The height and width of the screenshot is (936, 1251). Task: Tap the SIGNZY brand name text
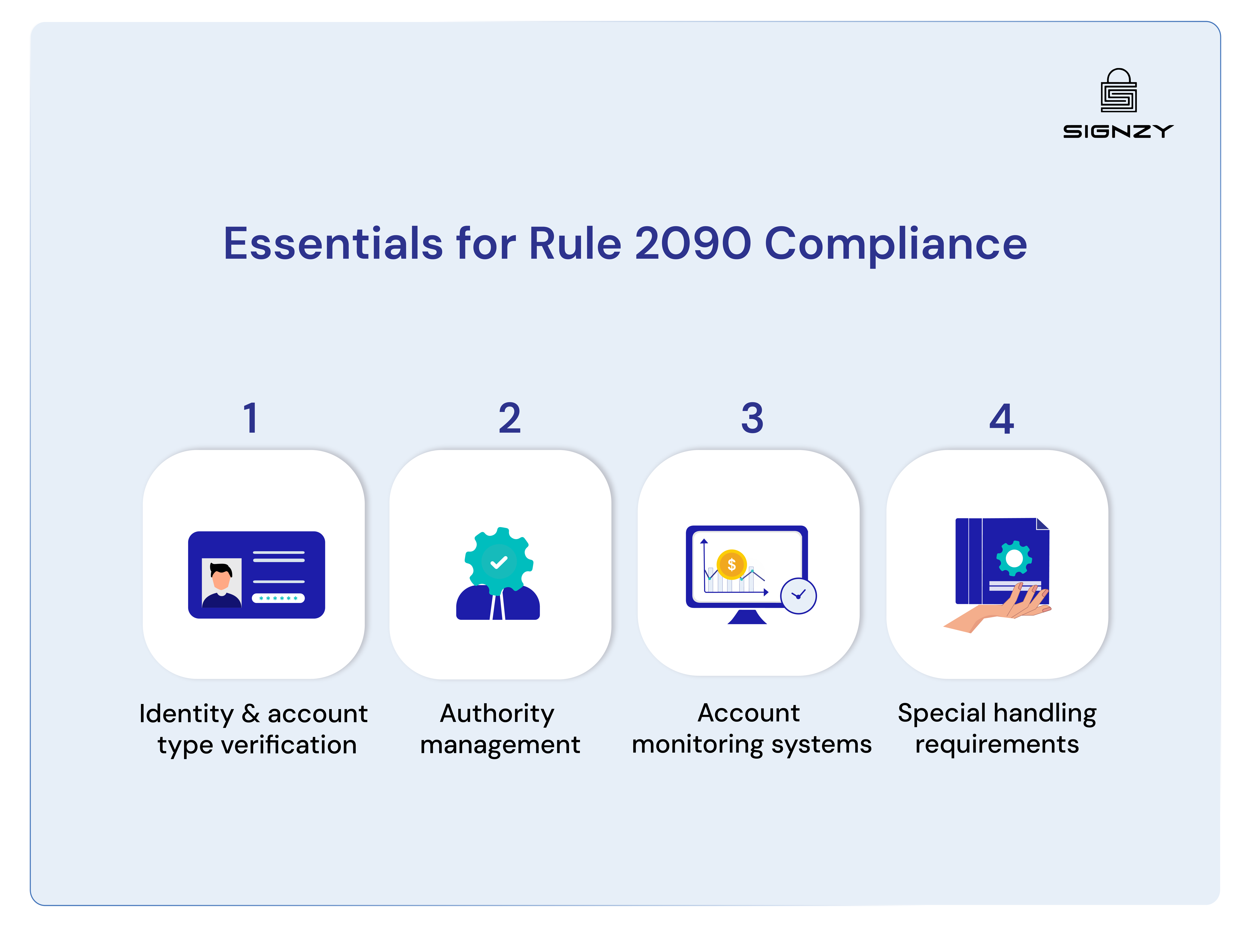(1118, 132)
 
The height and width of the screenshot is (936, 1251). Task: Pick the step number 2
(510, 419)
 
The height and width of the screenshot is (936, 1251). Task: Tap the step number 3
(752, 419)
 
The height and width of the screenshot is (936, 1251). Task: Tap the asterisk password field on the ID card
(278, 598)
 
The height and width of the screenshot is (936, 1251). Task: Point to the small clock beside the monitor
(798, 595)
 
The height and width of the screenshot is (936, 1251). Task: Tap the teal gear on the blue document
(1014, 559)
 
